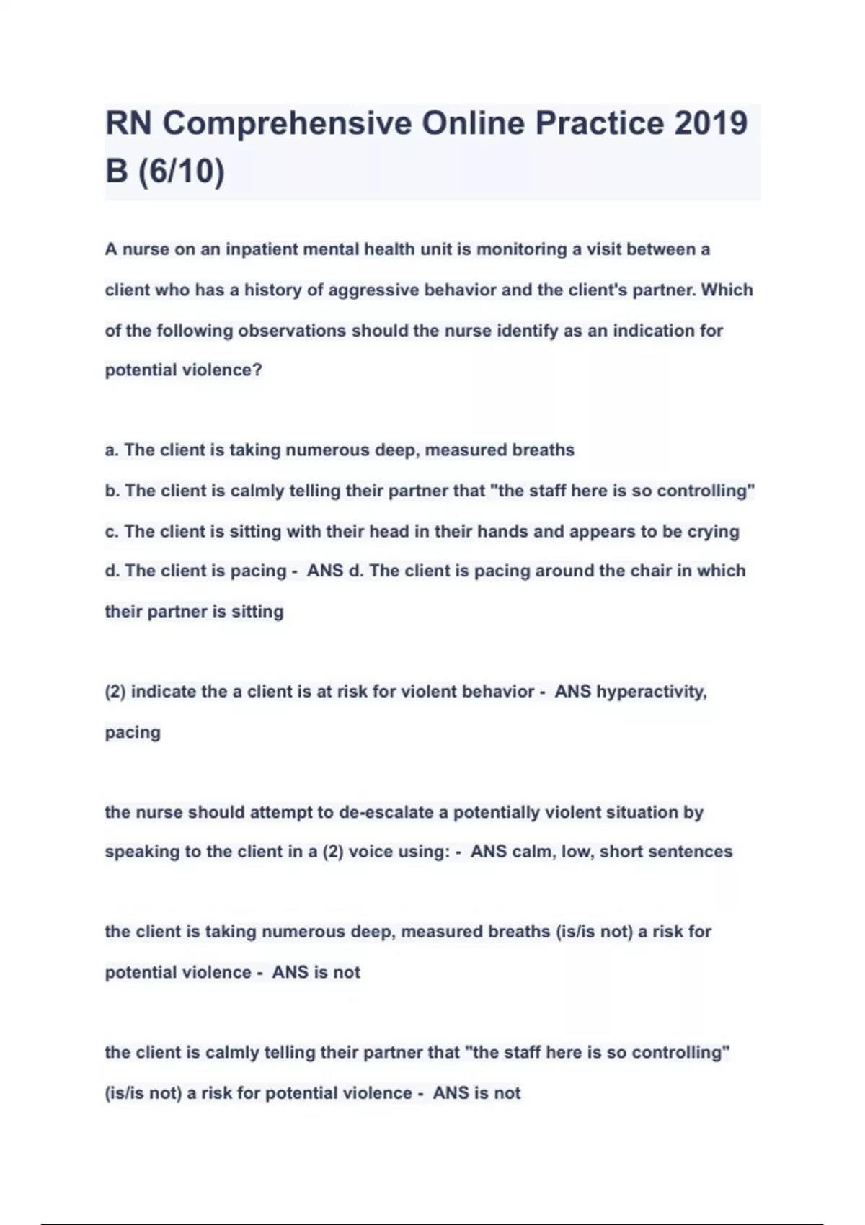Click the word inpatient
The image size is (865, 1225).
point(261,249)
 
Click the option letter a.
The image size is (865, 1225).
point(110,450)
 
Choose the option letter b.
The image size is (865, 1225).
point(111,491)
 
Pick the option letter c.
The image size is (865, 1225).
point(110,532)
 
